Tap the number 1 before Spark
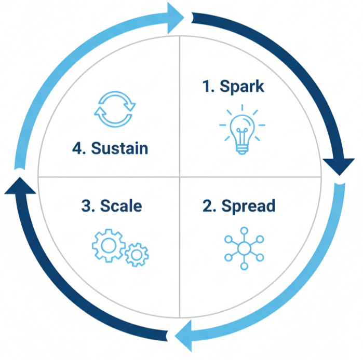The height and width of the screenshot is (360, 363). click(x=208, y=86)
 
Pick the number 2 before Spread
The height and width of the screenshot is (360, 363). click(x=208, y=206)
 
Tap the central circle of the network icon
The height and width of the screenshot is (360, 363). click(x=244, y=247)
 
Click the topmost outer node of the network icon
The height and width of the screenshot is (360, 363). click(x=244, y=230)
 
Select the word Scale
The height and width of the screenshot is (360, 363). click(x=121, y=206)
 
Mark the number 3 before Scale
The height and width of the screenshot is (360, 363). click(x=86, y=206)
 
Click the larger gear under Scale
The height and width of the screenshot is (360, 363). click(x=107, y=244)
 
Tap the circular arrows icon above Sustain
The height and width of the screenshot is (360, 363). click(x=115, y=110)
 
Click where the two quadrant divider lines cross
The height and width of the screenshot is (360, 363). click(x=179, y=176)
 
